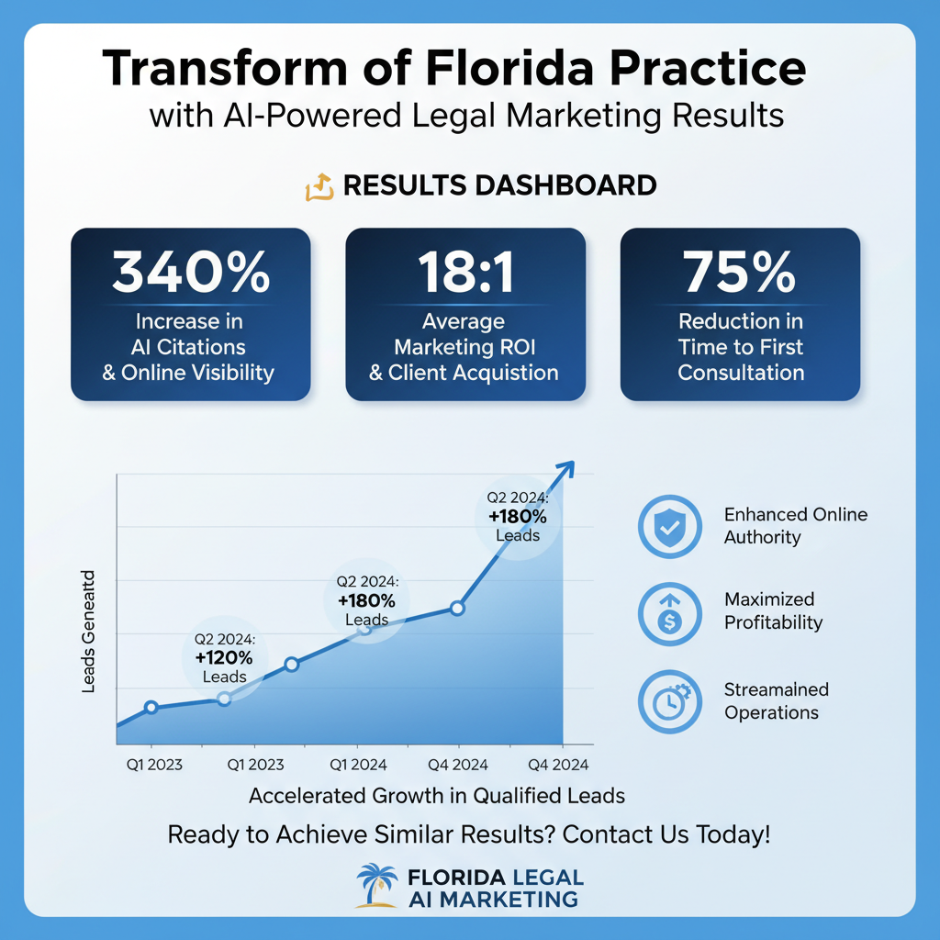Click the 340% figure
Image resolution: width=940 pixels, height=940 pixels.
pos(191,272)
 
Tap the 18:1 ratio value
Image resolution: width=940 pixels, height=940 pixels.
pos(464,272)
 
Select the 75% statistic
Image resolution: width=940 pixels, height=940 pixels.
pos(740,272)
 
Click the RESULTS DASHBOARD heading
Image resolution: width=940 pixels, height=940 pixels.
pos(499,185)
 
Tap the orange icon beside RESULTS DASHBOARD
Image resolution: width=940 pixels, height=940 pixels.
pos(318,187)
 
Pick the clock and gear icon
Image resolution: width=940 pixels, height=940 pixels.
pos(669,700)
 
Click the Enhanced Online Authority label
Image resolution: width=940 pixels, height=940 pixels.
pos(795,526)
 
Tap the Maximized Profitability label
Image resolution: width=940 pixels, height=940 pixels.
pos(773,610)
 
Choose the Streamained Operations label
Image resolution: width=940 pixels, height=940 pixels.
pos(776,700)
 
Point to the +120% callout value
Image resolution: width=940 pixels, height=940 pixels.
pos(225,657)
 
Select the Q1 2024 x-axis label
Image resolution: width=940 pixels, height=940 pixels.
pos(358,765)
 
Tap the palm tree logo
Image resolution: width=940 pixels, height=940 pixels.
pos(376,886)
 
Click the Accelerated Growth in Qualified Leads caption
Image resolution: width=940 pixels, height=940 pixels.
pos(437,796)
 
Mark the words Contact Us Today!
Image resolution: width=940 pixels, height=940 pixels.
pos(666,835)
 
